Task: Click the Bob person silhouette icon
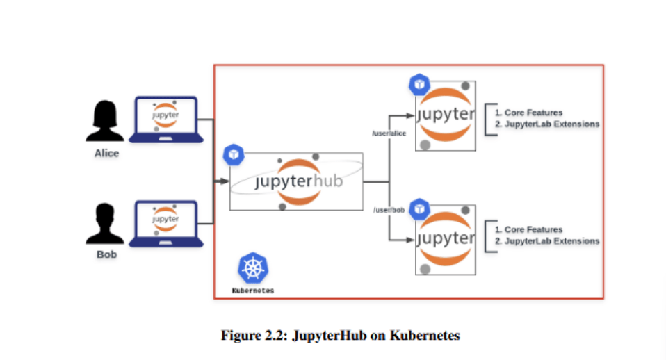[105, 224]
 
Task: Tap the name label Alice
[106, 153]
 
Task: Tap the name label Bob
[106, 254]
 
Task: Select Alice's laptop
[165, 120]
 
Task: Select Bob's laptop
[165, 224]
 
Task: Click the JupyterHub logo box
[297, 181]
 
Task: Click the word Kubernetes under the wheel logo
[252, 291]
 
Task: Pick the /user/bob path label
[389, 210]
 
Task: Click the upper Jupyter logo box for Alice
[446, 115]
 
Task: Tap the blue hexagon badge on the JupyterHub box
[233, 154]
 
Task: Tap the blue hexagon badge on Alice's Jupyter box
[419, 85]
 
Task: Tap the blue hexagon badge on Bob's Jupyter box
[419, 208]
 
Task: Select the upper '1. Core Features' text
[528, 113]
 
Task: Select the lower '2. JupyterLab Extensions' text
[546, 241]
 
